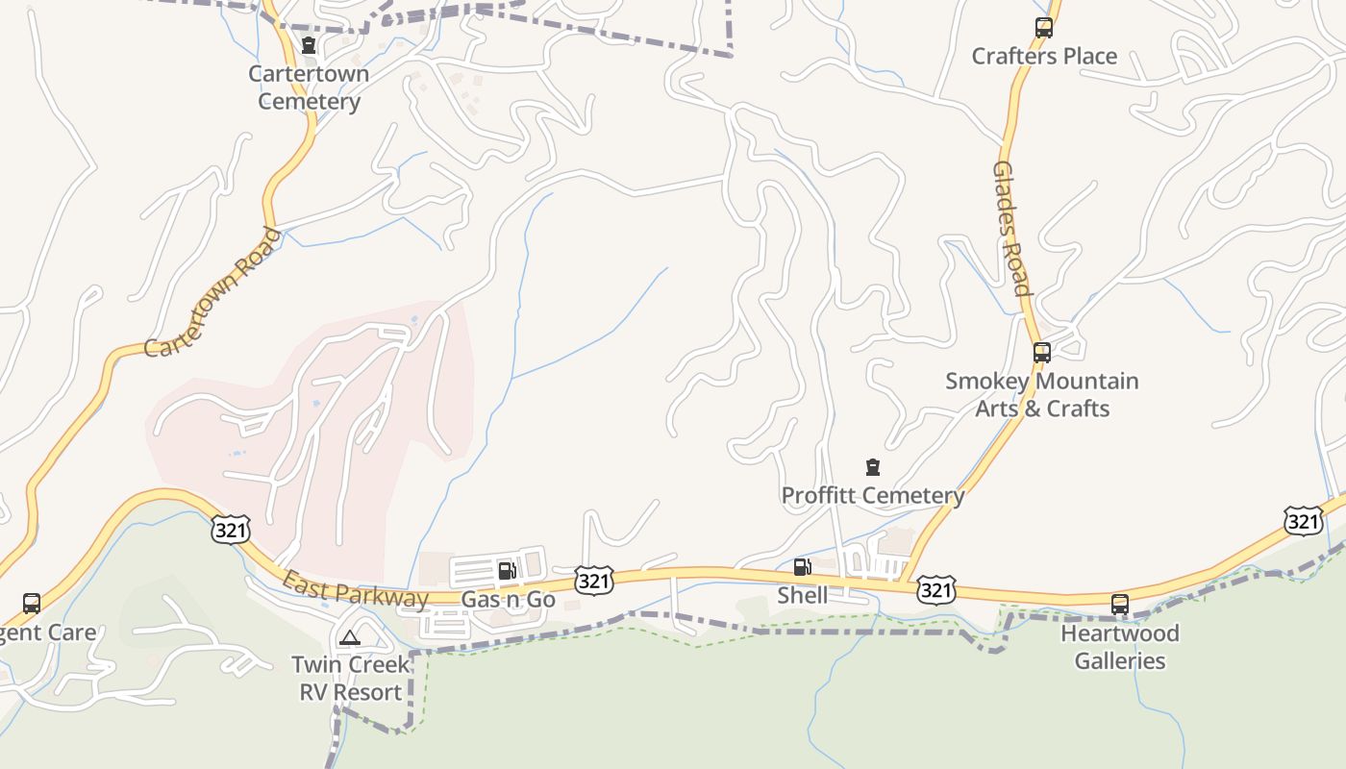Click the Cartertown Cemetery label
309,87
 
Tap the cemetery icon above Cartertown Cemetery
309,45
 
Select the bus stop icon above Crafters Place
1044,28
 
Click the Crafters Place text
1044,56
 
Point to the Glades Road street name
1011,229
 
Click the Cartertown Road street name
212,292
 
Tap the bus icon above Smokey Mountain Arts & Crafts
1042,353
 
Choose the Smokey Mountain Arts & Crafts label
1042,394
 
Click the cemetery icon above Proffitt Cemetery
873,468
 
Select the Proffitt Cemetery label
873,496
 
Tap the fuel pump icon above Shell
802,567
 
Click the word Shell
802,595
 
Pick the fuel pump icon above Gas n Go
508,571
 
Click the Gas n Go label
508,600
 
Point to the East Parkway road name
355,590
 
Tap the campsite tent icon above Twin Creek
350,636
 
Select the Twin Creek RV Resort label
350,678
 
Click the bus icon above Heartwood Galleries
1120,605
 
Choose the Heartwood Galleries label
1120,647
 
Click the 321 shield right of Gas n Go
595,580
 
